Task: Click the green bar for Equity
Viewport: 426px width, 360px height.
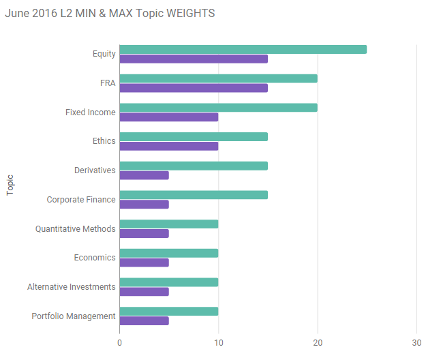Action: tap(243, 49)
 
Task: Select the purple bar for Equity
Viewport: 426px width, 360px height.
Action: tap(194, 59)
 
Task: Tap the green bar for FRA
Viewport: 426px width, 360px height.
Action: tap(218, 78)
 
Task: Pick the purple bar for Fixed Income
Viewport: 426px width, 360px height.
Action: tap(169, 117)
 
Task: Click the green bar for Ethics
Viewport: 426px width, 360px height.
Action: tap(194, 136)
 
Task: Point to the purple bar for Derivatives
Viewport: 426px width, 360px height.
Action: tap(144, 175)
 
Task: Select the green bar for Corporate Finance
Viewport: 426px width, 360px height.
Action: tap(194, 195)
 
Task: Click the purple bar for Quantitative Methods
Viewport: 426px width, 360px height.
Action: tap(144, 233)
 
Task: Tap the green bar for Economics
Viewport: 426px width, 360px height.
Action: tap(169, 253)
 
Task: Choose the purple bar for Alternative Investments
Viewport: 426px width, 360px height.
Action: tap(144, 292)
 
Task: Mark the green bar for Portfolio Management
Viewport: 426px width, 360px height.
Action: tap(169, 312)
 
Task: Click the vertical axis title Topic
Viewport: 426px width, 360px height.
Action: tap(10, 185)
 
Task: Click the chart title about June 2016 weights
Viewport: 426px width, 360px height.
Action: tap(110, 14)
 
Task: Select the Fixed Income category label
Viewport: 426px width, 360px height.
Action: tap(91, 112)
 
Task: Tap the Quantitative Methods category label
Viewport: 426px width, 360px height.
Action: tap(76, 228)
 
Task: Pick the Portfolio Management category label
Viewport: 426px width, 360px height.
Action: tap(74, 316)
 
